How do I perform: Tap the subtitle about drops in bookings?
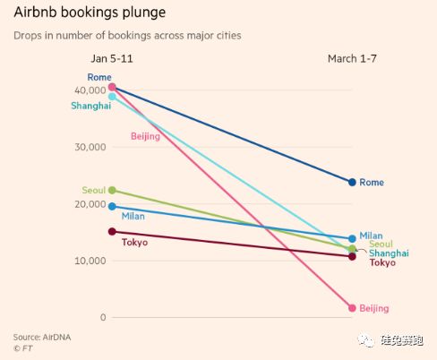click(126, 36)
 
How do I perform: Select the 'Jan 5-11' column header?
click(111, 58)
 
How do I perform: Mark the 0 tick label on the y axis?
click(103, 318)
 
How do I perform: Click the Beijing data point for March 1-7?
click(352, 308)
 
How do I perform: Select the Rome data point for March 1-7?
click(352, 182)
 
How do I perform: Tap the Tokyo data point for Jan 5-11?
click(112, 231)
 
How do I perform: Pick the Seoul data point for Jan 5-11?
click(112, 190)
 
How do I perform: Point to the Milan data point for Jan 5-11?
click(112, 207)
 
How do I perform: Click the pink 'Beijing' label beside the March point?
click(374, 308)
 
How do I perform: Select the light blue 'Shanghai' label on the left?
click(90, 106)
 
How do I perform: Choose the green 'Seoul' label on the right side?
click(381, 244)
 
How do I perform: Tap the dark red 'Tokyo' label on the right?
click(382, 262)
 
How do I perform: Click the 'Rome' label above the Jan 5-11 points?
click(99, 78)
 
